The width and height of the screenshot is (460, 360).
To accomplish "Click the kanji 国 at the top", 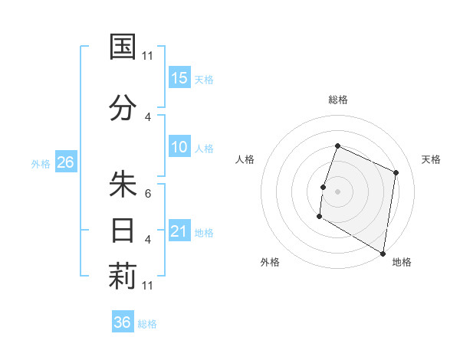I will [123, 47].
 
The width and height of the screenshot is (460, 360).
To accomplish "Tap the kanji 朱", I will [123, 185].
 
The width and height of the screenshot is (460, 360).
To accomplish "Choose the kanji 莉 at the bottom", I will [123, 277].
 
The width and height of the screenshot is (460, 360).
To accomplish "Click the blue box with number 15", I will [179, 77].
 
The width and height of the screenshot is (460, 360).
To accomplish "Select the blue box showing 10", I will [179, 147].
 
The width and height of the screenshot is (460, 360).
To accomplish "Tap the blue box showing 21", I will [179, 231].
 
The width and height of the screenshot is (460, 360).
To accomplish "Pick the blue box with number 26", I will [65, 162].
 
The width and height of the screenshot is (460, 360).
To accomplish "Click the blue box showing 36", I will [123, 322].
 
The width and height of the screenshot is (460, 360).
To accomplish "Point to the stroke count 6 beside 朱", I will [148, 194].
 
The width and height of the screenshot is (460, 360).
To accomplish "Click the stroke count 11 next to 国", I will [148, 55].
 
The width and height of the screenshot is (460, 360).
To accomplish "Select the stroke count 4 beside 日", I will [148, 240].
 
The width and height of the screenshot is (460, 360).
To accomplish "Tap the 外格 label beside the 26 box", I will [41, 163].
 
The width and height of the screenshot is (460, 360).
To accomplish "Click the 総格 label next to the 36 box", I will [147, 324].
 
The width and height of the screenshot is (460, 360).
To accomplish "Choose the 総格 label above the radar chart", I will [338, 100].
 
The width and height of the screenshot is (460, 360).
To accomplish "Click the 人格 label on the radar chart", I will [245, 159].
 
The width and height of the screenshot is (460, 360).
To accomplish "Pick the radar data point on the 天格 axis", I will [396, 172].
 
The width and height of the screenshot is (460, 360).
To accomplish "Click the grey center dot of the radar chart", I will [337, 191].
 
